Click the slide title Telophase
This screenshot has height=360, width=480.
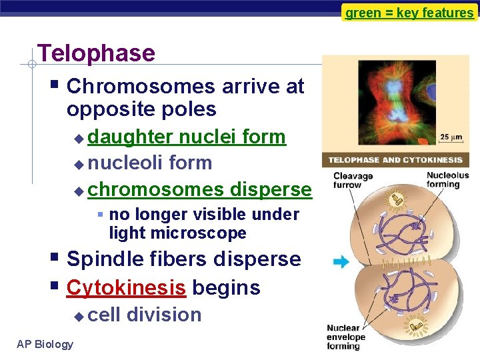pyautogui.click(x=97, y=53)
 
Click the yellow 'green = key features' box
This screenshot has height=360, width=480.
pyautogui.click(x=409, y=13)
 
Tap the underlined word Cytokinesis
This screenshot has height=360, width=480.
pyautogui.click(x=126, y=288)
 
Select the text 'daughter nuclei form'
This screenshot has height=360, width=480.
pyautogui.click(x=187, y=137)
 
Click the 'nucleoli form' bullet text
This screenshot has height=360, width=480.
pyautogui.click(x=150, y=163)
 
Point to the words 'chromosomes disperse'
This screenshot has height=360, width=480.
pyautogui.click(x=199, y=189)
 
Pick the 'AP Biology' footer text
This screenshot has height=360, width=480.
pyautogui.click(x=45, y=344)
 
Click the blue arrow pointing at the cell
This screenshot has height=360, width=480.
pyautogui.click(x=341, y=262)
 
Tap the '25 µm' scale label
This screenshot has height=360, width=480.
pyautogui.click(x=451, y=138)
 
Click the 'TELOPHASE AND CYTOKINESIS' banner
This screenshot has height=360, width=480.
pyautogui.click(x=395, y=160)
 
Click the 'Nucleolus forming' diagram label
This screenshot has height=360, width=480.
pyautogui.click(x=443, y=180)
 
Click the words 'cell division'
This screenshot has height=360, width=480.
pyautogui.click(x=145, y=315)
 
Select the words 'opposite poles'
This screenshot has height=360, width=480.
pyautogui.click(x=141, y=109)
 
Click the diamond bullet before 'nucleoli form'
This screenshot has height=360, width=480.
pyautogui.click(x=79, y=164)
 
